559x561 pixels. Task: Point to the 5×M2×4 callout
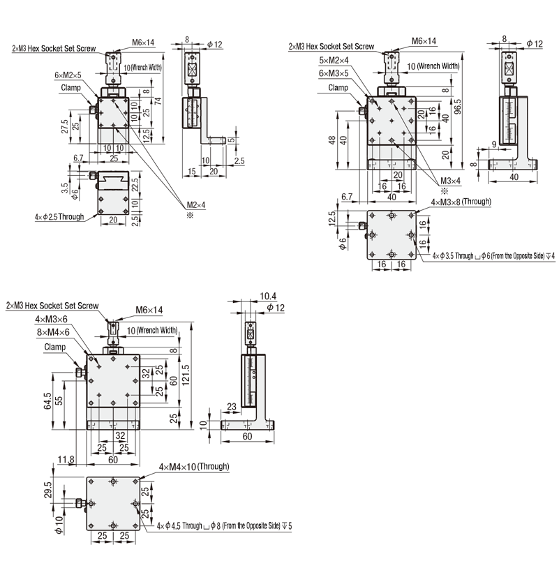[334, 61]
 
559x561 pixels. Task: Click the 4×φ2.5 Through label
[59, 216]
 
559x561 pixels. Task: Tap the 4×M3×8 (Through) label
[461, 202]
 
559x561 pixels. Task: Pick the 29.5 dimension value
[47, 488]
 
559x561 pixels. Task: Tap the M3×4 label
[451, 181]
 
